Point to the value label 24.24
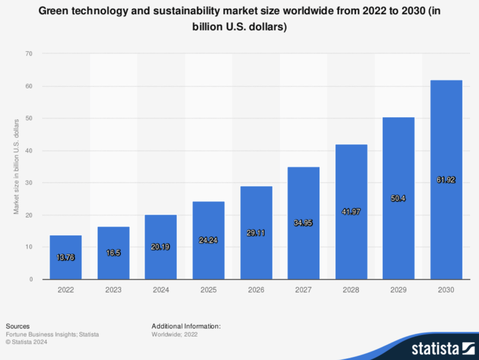coord(208,240)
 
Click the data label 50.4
coord(399,198)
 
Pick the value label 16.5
coord(113,253)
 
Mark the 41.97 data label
coord(351,212)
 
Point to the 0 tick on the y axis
coord(31,280)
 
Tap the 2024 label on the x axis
coord(161,290)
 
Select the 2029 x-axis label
coord(399,290)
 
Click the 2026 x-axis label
coord(256,290)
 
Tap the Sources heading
coord(18,326)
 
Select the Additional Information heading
coord(186,326)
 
